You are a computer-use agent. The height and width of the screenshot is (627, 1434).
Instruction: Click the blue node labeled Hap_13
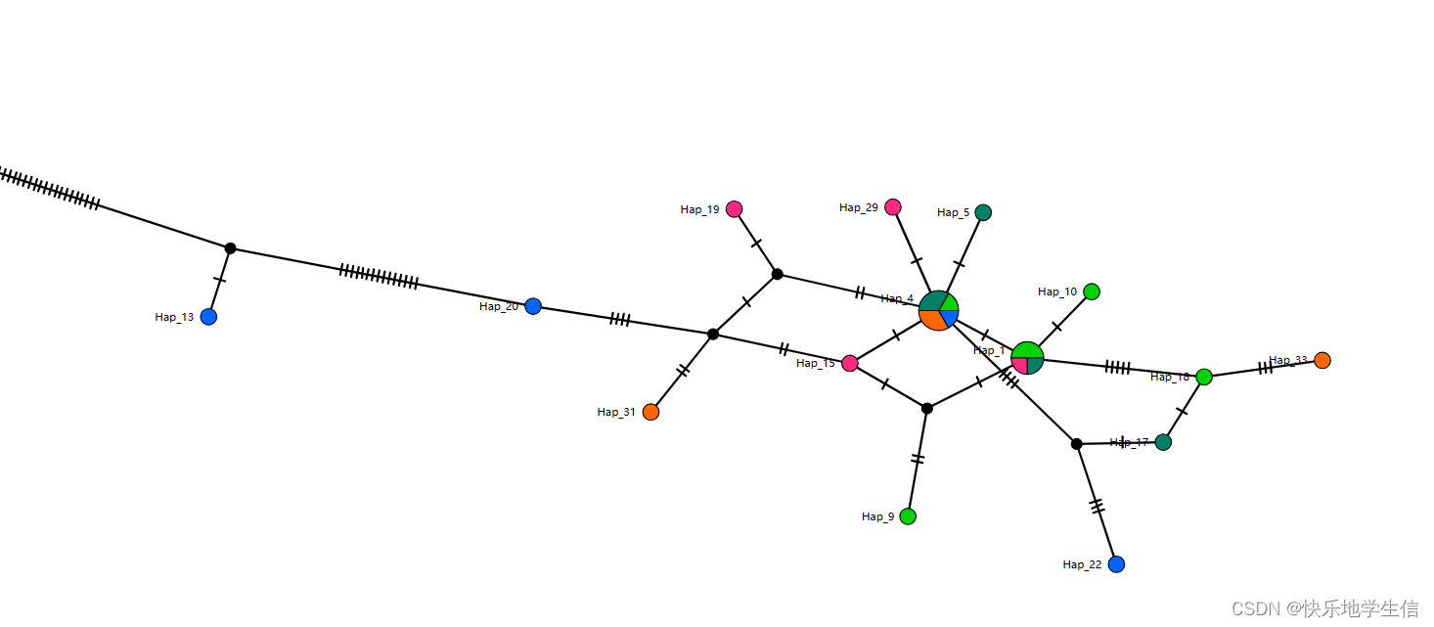(208, 317)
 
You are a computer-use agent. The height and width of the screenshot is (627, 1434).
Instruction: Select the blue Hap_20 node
(533, 306)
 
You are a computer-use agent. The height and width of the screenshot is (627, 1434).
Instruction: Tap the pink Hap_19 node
(735, 209)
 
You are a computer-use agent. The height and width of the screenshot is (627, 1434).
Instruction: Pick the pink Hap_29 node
(893, 206)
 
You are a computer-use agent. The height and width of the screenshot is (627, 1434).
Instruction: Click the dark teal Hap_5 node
(983, 212)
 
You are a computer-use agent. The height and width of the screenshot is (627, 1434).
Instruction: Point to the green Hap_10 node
(1092, 291)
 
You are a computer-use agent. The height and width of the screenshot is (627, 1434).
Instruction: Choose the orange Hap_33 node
(1322, 360)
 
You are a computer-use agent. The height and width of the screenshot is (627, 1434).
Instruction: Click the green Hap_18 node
(1204, 377)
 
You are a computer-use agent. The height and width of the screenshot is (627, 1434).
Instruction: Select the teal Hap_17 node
(1163, 442)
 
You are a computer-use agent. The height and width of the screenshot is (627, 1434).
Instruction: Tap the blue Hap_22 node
(1116, 564)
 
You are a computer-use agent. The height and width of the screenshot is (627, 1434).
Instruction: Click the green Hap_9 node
(908, 516)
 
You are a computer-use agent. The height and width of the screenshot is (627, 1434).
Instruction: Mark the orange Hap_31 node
(650, 412)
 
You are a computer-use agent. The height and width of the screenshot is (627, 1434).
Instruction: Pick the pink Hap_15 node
(850, 363)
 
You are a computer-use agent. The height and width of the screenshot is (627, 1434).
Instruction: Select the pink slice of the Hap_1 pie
(1020, 365)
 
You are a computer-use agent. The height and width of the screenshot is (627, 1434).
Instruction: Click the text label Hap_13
(174, 317)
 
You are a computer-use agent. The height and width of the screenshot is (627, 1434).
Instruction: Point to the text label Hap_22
(1082, 564)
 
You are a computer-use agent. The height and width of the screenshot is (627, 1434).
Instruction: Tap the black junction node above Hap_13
(230, 248)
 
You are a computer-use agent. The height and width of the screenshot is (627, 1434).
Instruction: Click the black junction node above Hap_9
(927, 408)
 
